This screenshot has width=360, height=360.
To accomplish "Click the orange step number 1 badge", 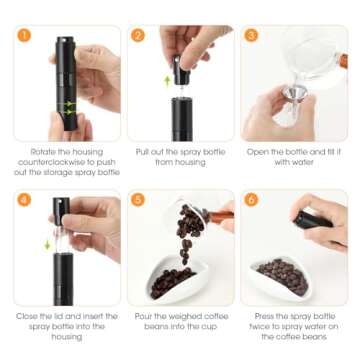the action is tap(24, 36).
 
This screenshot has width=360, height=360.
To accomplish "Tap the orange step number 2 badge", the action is tap(138, 35).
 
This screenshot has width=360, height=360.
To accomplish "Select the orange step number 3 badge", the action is tap(251, 35).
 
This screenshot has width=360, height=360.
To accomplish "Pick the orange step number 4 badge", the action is tap(24, 200).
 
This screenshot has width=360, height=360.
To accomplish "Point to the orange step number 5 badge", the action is tap(138, 200).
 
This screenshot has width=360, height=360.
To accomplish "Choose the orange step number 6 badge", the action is tap(251, 200).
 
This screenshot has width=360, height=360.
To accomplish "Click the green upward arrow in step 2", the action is tap(168, 81).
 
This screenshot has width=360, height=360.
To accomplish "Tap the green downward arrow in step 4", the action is tap(47, 245).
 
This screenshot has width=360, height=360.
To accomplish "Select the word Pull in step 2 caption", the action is tap(142, 152).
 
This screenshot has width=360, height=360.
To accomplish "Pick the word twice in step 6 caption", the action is tap(262, 327).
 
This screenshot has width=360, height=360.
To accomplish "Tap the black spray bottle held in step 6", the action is tap(312, 220).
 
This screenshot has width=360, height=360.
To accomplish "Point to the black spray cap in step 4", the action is tap(61, 211).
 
